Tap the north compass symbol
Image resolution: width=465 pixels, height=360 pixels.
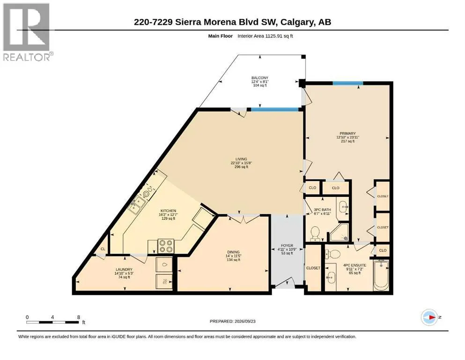430,317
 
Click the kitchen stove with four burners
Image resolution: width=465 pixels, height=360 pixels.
166,246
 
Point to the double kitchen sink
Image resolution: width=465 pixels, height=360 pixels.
137,205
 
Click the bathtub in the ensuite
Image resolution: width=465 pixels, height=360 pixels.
381,275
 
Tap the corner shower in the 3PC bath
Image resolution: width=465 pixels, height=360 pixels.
340,232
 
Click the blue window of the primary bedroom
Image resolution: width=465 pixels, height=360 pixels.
347,83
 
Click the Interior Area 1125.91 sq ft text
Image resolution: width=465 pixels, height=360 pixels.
265,36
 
